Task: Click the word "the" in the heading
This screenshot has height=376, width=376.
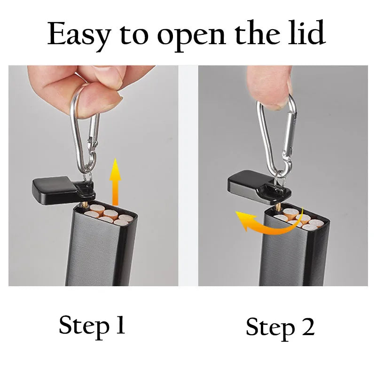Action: (x=257, y=32)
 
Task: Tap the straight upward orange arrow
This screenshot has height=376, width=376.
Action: (x=115, y=182)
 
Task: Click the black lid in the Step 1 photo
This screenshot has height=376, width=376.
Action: (x=63, y=191)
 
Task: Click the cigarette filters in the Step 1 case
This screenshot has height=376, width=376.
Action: (x=109, y=214)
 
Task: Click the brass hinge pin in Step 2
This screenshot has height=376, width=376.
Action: (x=277, y=207)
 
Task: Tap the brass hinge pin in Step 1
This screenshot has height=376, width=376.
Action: (x=85, y=204)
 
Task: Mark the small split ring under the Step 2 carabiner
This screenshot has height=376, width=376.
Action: (x=281, y=183)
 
